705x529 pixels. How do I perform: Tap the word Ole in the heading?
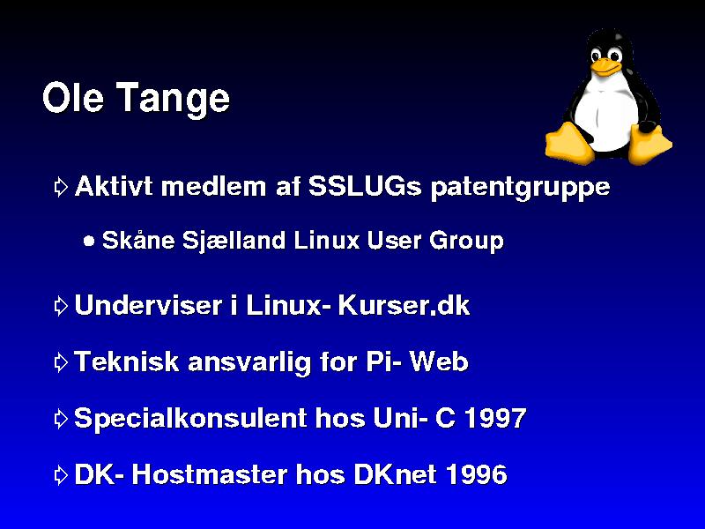point(73,97)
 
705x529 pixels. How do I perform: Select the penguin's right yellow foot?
point(649,144)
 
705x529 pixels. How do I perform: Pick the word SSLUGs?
point(365,186)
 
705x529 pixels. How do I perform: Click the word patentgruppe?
point(520,188)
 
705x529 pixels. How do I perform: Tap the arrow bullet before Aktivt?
point(61,187)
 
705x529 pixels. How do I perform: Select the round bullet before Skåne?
point(90,241)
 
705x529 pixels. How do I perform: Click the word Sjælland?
point(234,241)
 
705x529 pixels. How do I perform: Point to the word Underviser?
point(148,305)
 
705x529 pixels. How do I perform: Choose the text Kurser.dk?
point(404,305)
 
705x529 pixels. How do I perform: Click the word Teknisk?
point(126,361)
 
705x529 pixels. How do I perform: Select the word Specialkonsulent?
point(189,418)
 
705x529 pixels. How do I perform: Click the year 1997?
point(494,418)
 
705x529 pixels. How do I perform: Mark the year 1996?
point(477,474)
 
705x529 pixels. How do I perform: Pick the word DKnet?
point(395,474)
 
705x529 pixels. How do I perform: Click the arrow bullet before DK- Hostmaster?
point(61,475)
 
